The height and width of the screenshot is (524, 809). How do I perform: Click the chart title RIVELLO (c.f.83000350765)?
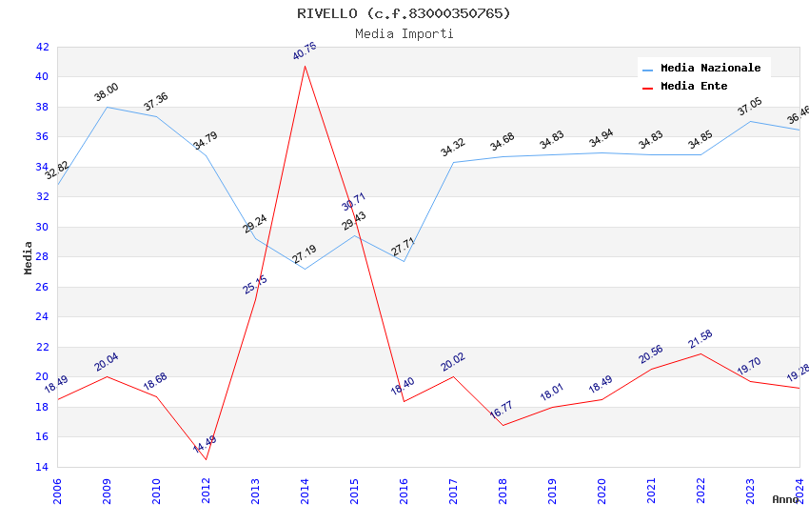[x=404, y=13]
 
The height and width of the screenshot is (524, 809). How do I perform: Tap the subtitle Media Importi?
[x=404, y=34]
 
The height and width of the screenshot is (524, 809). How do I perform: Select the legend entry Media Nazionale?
[x=710, y=69]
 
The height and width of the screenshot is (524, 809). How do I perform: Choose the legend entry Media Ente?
[x=694, y=87]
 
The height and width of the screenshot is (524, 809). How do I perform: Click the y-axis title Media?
[x=29, y=257]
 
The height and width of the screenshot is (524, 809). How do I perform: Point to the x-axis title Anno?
[x=785, y=499]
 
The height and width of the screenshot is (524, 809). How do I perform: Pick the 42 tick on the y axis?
[x=42, y=47]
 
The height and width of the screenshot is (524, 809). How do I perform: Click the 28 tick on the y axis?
[x=42, y=257]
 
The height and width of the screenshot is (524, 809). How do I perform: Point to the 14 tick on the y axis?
[x=42, y=467]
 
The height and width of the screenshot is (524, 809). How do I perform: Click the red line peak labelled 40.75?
[x=305, y=65]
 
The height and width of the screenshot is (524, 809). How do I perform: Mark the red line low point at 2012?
[x=206, y=459]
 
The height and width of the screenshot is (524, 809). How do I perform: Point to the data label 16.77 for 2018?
[x=503, y=411]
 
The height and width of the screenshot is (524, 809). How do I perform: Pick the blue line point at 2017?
[x=453, y=162]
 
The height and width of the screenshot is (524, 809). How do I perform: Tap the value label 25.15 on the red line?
[x=255, y=284]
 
